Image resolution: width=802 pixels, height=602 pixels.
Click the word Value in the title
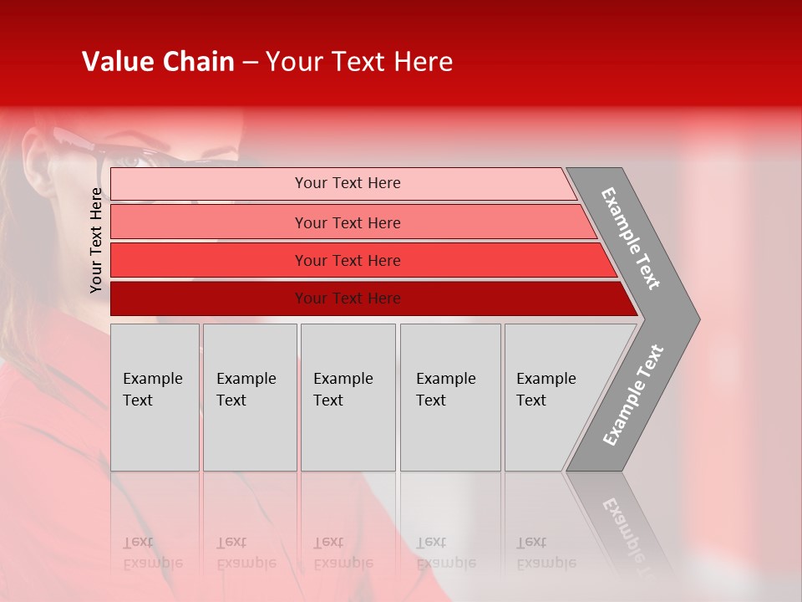[x=117, y=62]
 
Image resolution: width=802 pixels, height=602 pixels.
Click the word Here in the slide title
[x=422, y=62]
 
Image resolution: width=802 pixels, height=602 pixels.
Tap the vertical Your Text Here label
[x=96, y=240]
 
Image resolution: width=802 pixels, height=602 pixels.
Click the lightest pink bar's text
[x=348, y=183]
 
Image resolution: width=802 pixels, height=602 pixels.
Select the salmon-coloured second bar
[x=348, y=222]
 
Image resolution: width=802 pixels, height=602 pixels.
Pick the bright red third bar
[x=348, y=261]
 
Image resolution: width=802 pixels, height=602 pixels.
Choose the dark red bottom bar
[x=348, y=298]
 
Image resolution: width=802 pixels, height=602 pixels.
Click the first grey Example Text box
[x=154, y=390]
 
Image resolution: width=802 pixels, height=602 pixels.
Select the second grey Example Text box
[x=249, y=390]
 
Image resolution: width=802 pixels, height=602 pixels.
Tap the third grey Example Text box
[x=347, y=390]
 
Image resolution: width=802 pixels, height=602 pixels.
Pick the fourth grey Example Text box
[x=449, y=390]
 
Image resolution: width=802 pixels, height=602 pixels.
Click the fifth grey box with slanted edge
[x=551, y=390]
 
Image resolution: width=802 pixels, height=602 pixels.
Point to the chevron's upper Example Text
[x=631, y=238]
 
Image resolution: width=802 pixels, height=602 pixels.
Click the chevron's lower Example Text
[x=632, y=395]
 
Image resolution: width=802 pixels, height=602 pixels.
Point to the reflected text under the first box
[x=152, y=553]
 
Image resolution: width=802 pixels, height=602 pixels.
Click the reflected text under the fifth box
[x=546, y=553]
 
